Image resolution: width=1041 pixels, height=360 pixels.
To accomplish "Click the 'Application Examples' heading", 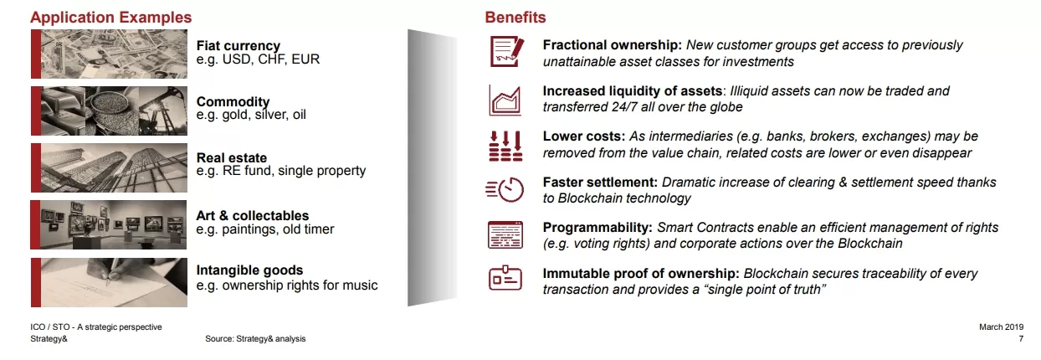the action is click(x=111, y=18).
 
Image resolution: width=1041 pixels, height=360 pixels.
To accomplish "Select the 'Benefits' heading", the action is click(x=515, y=18).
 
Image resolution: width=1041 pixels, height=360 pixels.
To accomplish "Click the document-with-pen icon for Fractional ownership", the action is click(x=506, y=52).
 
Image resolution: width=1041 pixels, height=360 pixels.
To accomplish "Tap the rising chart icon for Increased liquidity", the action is click(x=505, y=100).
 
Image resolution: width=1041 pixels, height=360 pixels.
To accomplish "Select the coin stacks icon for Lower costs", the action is click(x=505, y=146).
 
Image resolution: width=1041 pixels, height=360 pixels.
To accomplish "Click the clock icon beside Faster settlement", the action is click(x=505, y=190).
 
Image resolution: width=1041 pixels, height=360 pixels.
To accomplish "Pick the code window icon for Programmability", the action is click(x=505, y=235).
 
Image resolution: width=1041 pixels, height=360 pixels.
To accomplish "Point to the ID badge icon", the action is click(x=505, y=278).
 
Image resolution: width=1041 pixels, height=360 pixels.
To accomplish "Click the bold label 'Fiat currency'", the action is click(x=238, y=45).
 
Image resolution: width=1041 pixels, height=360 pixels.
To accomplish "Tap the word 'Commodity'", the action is click(x=233, y=101).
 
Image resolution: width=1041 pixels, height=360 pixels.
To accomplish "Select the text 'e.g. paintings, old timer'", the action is click(x=265, y=229).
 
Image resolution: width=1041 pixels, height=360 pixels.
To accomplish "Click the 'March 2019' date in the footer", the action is click(x=1001, y=327).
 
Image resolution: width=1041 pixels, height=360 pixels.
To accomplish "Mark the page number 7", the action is click(x=1021, y=339).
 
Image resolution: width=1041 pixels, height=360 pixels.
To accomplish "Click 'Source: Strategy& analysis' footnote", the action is click(x=255, y=339).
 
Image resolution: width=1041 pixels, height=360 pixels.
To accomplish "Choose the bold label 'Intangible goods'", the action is click(x=249, y=270).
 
